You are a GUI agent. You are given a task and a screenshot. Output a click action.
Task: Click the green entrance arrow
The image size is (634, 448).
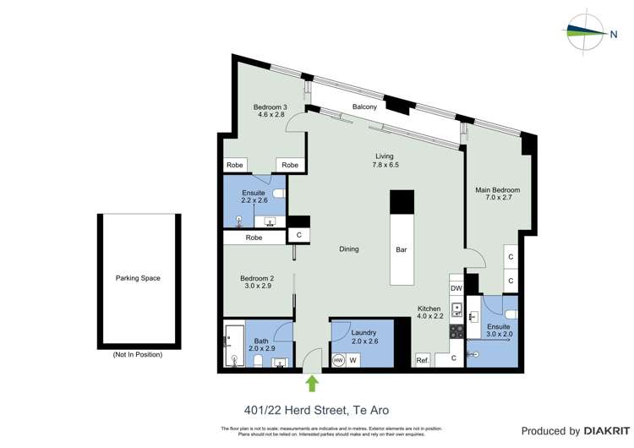[312, 384]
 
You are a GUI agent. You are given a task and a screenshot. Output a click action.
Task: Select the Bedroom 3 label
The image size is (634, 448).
[271, 107]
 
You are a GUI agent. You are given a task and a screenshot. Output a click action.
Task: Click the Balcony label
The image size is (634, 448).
[364, 107]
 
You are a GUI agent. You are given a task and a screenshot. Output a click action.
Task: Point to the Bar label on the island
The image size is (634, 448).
[402, 249]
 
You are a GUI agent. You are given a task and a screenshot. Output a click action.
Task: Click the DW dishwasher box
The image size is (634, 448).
[456, 288]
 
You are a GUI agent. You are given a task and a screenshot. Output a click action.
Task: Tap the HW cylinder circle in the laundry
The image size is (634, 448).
[339, 360]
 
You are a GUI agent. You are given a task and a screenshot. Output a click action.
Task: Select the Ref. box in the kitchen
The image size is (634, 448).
[423, 361]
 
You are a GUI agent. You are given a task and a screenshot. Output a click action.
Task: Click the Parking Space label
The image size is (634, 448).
[138, 278]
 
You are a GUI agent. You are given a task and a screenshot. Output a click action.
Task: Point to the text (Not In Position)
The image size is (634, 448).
[138, 354]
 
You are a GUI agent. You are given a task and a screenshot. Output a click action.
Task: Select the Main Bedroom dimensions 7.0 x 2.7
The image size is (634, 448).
[497, 199]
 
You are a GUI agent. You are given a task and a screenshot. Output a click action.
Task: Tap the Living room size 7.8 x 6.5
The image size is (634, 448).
[385, 165]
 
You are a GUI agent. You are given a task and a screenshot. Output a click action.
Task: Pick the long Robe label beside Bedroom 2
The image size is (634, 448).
[254, 238]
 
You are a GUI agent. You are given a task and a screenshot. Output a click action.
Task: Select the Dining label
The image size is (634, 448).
[348, 249]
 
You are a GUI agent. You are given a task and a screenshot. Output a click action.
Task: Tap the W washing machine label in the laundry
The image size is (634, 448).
[353, 360]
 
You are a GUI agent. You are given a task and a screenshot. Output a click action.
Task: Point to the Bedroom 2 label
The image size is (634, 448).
[256, 278]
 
